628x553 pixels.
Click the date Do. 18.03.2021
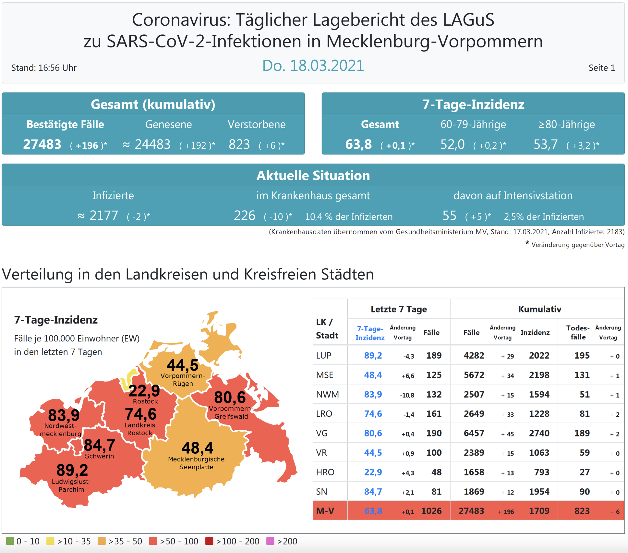(313, 66)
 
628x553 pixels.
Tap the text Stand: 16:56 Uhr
(44, 68)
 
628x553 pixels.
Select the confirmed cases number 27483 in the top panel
(42, 144)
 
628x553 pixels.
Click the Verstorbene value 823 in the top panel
(239, 144)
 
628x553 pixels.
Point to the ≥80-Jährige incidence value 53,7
(546, 144)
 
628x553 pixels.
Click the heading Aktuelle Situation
(313, 176)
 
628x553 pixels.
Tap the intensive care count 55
(449, 216)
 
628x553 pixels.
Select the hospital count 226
(245, 216)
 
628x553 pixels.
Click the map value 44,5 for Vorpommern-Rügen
(182, 365)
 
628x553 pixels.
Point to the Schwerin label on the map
(99, 456)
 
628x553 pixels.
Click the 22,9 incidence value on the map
(144, 391)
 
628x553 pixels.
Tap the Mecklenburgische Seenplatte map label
(196, 463)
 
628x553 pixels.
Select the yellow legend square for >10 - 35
(50, 541)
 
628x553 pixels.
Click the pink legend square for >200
(270, 541)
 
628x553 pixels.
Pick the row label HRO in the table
(325, 472)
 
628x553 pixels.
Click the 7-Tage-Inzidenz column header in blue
(370, 333)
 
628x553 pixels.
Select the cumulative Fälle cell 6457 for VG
(474, 433)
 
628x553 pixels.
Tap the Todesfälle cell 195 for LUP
(582, 355)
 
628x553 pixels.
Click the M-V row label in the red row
(325, 511)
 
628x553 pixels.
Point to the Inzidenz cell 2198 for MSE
(539, 375)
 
